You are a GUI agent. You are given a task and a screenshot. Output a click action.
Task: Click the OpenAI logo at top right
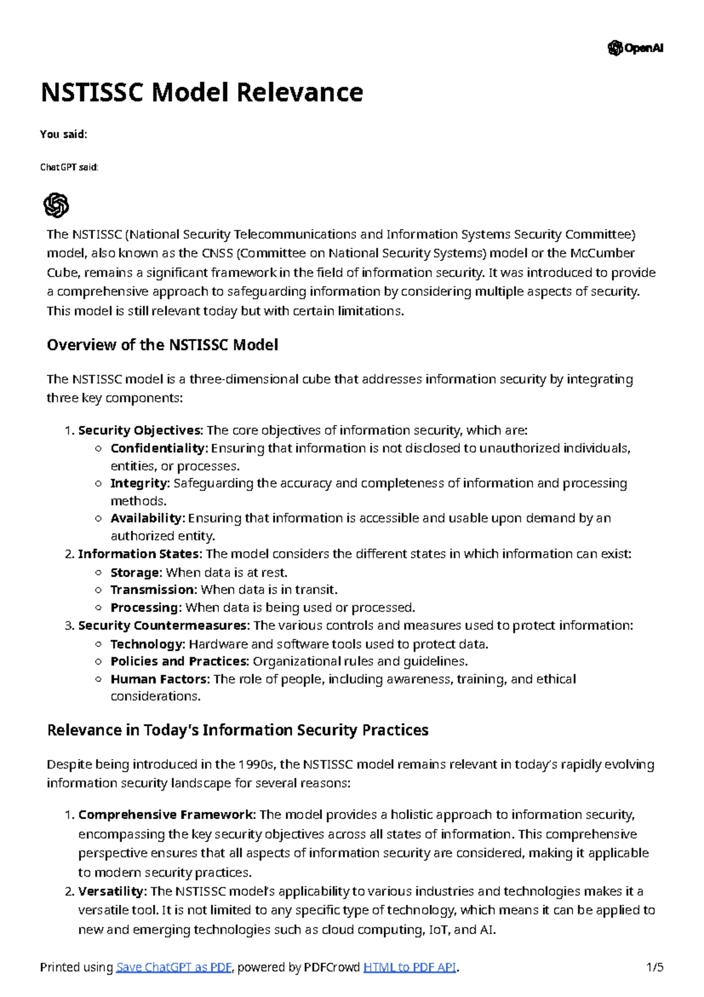coord(635,48)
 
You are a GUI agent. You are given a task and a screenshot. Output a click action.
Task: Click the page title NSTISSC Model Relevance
coord(202,93)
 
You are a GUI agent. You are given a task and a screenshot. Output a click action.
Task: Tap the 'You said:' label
coord(63,134)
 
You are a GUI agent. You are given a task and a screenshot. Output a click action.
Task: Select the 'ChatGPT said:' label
coord(69,167)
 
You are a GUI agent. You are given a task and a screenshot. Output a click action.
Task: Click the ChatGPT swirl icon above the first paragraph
coord(56,206)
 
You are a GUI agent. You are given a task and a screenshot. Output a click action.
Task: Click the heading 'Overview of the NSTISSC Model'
coord(162,345)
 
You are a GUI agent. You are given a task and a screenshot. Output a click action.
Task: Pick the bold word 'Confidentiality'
coord(158,449)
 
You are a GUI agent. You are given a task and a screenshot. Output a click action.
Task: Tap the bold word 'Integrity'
coord(139,483)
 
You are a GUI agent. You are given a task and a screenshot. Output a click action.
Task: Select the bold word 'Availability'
coord(147,518)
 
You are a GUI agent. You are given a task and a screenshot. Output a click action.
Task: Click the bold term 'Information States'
coord(139,554)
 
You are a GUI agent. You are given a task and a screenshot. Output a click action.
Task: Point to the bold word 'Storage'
coord(135,572)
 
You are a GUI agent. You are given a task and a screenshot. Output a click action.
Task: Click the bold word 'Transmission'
coord(153,590)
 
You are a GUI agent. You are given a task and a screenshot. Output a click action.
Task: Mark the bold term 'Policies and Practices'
coord(179,661)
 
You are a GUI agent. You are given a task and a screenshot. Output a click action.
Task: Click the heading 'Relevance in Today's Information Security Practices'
coord(238,730)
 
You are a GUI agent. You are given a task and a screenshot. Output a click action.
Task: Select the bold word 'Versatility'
coord(111,891)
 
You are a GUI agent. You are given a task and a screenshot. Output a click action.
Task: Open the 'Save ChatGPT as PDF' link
coord(174,967)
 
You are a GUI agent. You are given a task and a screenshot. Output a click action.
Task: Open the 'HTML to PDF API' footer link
coord(409,967)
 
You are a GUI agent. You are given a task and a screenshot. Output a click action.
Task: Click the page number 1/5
coord(654,967)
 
